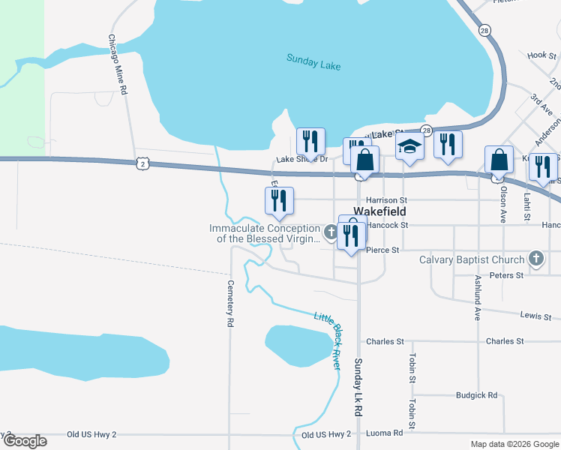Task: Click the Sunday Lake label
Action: (x=313, y=61)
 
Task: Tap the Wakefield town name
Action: (x=379, y=212)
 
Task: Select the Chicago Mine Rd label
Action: (x=115, y=64)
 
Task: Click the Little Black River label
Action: (x=328, y=340)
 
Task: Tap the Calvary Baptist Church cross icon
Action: (x=535, y=259)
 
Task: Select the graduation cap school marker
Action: (x=409, y=145)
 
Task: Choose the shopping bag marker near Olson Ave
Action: (x=499, y=160)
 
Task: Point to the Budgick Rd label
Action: (x=476, y=394)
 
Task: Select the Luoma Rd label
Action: (x=387, y=433)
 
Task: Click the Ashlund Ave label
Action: (x=476, y=298)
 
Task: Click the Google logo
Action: (x=25, y=441)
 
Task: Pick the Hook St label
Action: (x=536, y=55)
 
